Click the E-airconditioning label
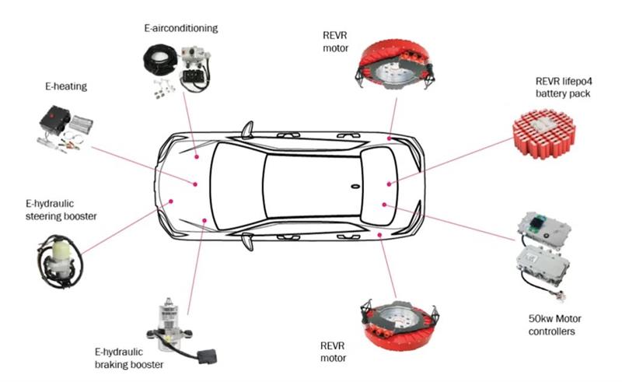pyautogui.click(x=181, y=28)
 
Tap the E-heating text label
pyautogui.click(x=66, y=86)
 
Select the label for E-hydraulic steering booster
pyautogui.click(x=61, y=209)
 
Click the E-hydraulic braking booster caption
pyautogui.click(x=129, y=358)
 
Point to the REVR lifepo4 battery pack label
pyautogui.click(x=563, y=87)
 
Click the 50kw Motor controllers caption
pyautogui.click(x=554, y=325)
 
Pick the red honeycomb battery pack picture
pyautogui.click(x=543, y=133)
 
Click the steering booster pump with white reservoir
pyautogui.click(x=58, y=260)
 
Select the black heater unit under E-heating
pyautogui.click(x=54, y=118)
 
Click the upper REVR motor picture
pyautogui.click(x=395, y=65)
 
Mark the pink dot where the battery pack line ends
pyautogui.click(x=390, y=184)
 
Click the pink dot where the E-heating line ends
pyautogui.click(x=195, y=184)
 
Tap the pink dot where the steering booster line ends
pyautogui.click(x=171, y=202)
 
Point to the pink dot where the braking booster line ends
pyautogui.click(x=204, y=220)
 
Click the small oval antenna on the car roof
pyautogui.click(x=355, y=186)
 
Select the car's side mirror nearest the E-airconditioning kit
pyautogui.click(x=247, y=129)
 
